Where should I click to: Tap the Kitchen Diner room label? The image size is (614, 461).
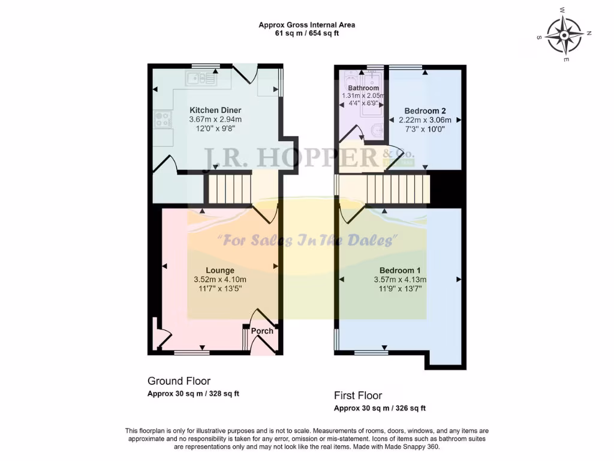tap(215, 110)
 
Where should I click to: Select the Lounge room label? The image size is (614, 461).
tap(220, 270)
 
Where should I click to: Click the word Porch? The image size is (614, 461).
tap(262, 331)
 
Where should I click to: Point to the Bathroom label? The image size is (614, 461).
tap(363, 88)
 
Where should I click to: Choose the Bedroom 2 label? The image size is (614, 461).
tap(425, 110)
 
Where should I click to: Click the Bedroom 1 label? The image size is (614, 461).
tap(400, 270)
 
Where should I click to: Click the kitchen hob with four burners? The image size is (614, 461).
tap(162, 119)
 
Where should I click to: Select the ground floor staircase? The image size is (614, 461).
tap(228, 187)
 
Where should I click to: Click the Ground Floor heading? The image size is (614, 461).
tap(179, 381)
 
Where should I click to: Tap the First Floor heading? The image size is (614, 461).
tap(358, 396)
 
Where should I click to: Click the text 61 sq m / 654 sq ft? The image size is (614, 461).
tap(306, 34)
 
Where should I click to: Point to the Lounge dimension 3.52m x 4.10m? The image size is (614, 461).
tap(220, 280)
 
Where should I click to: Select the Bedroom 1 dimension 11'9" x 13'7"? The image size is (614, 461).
tap(400, 289)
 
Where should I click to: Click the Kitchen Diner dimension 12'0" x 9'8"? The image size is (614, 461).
tap(215, 128)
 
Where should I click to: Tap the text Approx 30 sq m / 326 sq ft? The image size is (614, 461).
tap(380, 408)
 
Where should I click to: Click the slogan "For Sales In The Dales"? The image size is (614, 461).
tap(308, 241)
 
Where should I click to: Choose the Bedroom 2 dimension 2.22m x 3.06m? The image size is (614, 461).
tap(425, 120)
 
